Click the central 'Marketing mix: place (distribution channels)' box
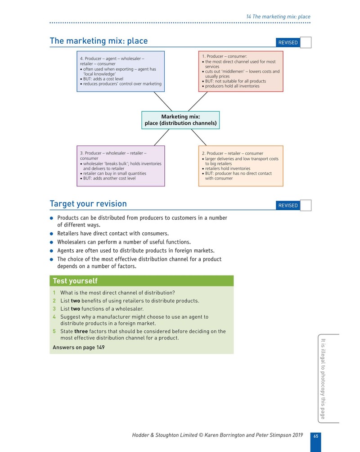point(180,120)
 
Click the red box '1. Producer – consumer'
point(241,72)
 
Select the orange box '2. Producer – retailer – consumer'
point(241,166)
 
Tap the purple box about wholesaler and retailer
point(121,166)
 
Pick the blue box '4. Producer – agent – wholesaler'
point(121,72)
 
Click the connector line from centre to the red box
point(198,101)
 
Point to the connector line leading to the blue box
point(163,101)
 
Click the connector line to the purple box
point(162,137)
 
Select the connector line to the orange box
point(198,137)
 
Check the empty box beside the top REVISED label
point(306,42)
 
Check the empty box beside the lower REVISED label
point(306,205)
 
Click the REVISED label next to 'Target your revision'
point(288,206)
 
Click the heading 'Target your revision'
point(88,204)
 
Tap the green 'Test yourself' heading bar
point(141,281)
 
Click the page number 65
point(316,436)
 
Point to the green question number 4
point(54,317)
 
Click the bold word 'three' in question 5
point(81,331)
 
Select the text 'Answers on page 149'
point(79,348)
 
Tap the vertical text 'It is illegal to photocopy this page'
point(323,379)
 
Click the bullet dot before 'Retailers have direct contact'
point(51,234)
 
